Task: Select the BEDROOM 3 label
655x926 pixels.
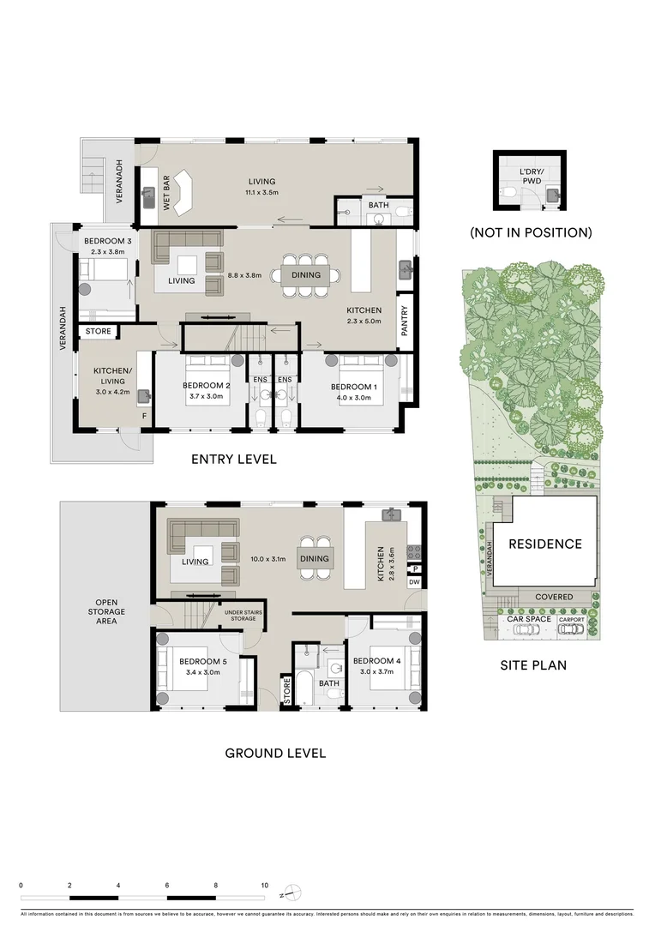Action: (x=105, y=240)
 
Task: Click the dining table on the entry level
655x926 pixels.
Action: (x=305, y=275)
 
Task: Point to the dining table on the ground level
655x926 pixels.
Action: (x=314, y=558)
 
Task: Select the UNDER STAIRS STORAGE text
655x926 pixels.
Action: (x=244, y=616)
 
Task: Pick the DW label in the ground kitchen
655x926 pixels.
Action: (x=415, y=582)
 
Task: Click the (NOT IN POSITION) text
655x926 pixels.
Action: (x=530, y=232)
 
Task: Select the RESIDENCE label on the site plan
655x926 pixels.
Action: (x=544, y=544)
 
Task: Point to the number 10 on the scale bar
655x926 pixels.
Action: (x=265, y=885)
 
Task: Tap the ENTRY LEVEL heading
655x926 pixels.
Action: (x=233, y=459)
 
